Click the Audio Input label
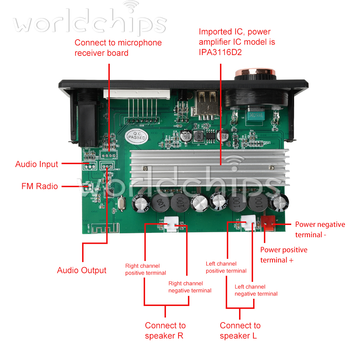[36, 164]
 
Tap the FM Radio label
[40, 186]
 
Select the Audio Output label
[82, 270]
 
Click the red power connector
[268, 221]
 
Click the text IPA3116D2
[220, 53]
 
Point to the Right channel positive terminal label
[145, 269]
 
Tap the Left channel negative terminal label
[256, 290]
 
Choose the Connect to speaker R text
[165, 330]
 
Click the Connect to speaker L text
[240, 330]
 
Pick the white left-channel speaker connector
[249, 223]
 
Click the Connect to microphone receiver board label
[118, 48]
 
